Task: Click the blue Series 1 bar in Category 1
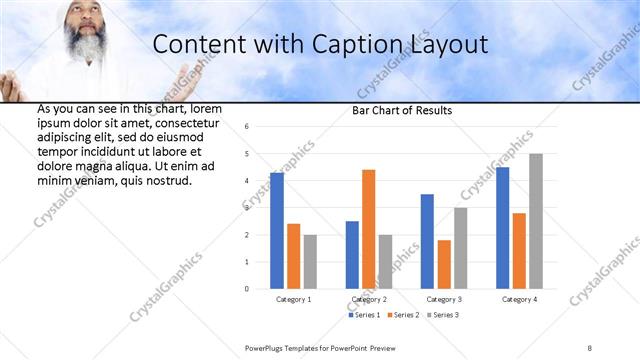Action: (277, 231)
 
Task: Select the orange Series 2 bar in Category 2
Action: (368, 229)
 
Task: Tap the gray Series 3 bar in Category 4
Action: (536, 221)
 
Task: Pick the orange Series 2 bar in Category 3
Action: (444, 264)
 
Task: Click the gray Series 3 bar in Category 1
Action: (310, 262)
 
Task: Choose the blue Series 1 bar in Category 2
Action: (352, 255)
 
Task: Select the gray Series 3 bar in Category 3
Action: (460, 248)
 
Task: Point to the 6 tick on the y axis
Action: (247, 127)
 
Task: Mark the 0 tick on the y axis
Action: (247, 289)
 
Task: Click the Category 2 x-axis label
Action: (369, 299)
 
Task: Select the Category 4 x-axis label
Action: (519, 299)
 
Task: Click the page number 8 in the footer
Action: (590, 347)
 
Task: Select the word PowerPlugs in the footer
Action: (266, 347)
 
